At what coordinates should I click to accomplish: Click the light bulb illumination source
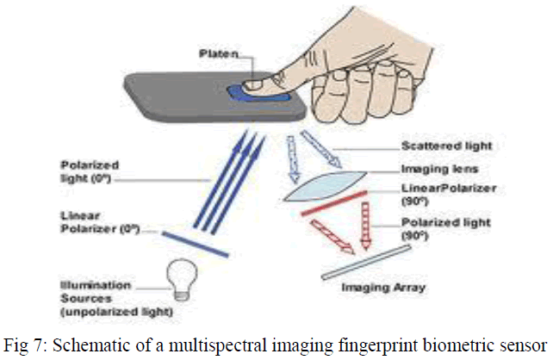coord(181,279)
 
